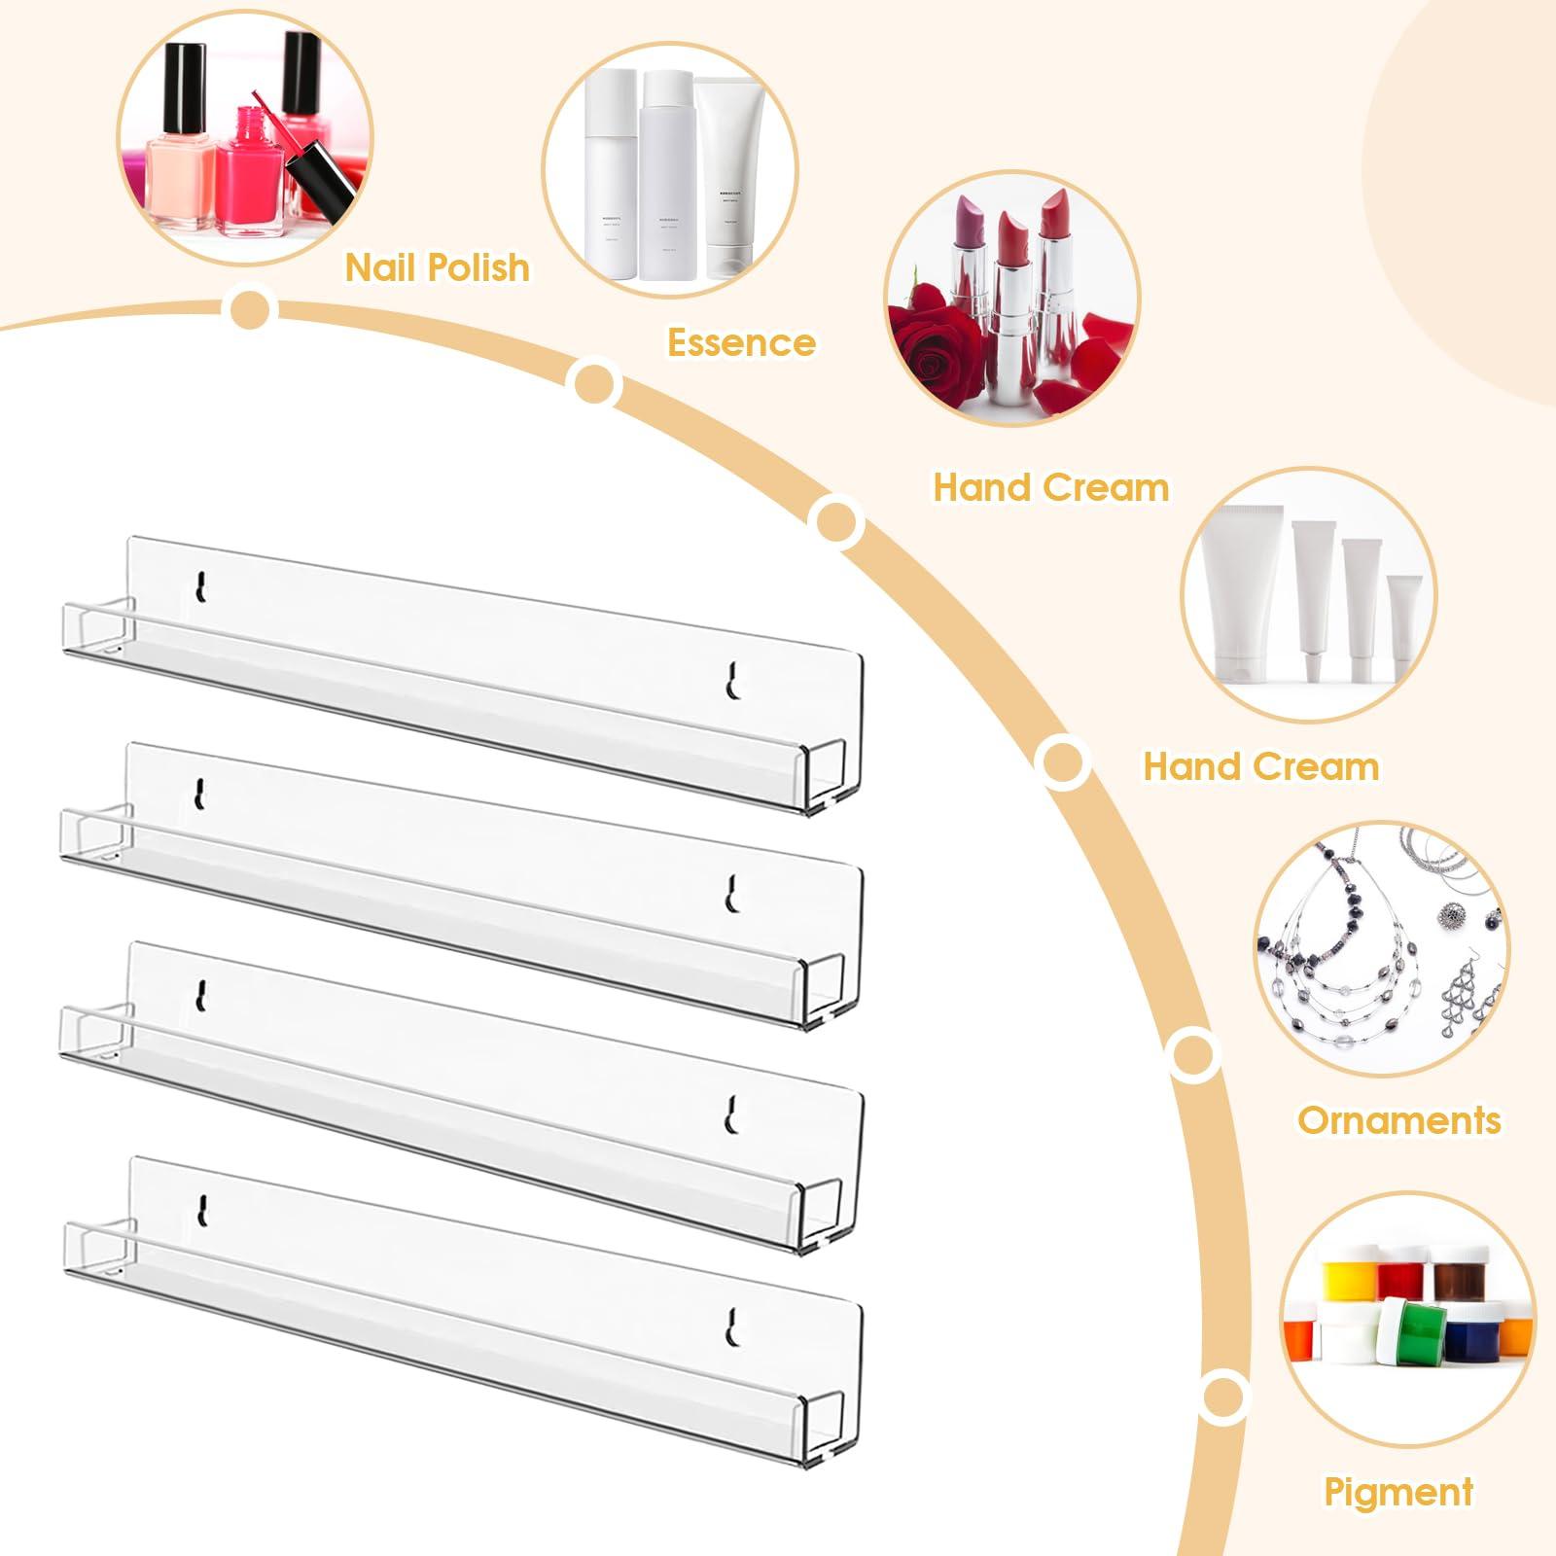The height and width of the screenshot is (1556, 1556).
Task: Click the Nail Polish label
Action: click(x=438, y=267)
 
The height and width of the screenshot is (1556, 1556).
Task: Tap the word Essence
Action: click(x=741, y=342)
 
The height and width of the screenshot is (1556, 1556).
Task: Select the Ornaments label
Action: click(x=1398, y=1120)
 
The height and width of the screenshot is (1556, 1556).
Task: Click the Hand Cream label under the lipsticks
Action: click(x=1050, y=487)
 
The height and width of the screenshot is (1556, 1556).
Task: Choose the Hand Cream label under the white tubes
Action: click(x=1260, y=766)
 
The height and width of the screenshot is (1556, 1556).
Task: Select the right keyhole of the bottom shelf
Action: click(x=736, y=1326)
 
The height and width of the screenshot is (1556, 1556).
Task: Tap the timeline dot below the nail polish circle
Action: click(x=250, y=308)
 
